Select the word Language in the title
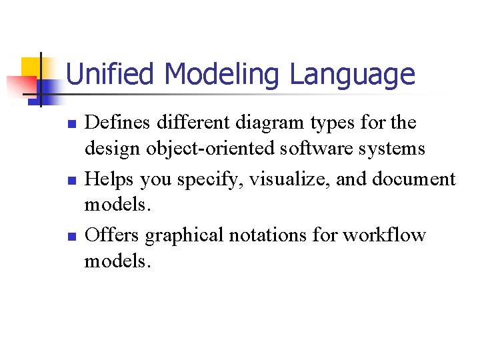click(352, 75)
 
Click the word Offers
click(113, 235)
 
